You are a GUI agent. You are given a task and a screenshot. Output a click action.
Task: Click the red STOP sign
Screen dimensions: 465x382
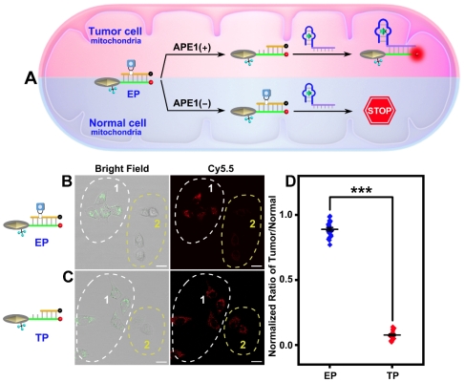pos(380,111)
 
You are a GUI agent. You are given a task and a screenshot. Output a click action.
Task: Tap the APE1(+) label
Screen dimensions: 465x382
pos(192,47)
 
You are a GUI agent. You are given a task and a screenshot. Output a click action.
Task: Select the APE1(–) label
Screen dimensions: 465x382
pos(192,103)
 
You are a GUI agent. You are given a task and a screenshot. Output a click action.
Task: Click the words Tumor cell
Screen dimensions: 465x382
pos(116,32)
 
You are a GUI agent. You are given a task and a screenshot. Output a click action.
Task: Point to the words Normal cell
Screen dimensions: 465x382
pos(117,123)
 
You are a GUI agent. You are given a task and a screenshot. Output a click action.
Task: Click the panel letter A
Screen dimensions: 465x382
pos(31,78)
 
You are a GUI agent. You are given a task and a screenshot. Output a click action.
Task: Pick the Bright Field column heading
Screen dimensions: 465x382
pos(122,168)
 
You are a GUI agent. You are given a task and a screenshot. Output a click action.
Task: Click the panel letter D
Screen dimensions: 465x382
pos(291,181)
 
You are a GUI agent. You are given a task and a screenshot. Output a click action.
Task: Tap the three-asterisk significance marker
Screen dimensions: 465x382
pos(361,191)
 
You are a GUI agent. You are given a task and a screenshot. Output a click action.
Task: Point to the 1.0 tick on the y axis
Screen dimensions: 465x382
pos(286,215)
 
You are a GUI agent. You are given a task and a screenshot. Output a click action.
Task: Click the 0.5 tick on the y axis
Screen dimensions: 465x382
pos(286,280)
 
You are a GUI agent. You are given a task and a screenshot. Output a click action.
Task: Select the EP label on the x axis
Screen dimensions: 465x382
pos(330,375)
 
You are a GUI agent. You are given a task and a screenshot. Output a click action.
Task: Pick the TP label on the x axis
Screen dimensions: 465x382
pos(393,375)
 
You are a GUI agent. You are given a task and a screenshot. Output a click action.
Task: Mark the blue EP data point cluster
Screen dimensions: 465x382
pos(329,230)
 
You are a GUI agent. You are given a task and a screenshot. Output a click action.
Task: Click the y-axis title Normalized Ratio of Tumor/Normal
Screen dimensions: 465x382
pos(272,276)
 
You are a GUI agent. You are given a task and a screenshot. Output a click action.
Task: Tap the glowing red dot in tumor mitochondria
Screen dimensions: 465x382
pos(416,54)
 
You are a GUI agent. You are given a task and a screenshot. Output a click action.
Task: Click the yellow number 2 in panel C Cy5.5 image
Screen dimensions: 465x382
pos(243,345)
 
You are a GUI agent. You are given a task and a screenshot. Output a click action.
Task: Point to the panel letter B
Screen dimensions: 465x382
pos(68,181)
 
